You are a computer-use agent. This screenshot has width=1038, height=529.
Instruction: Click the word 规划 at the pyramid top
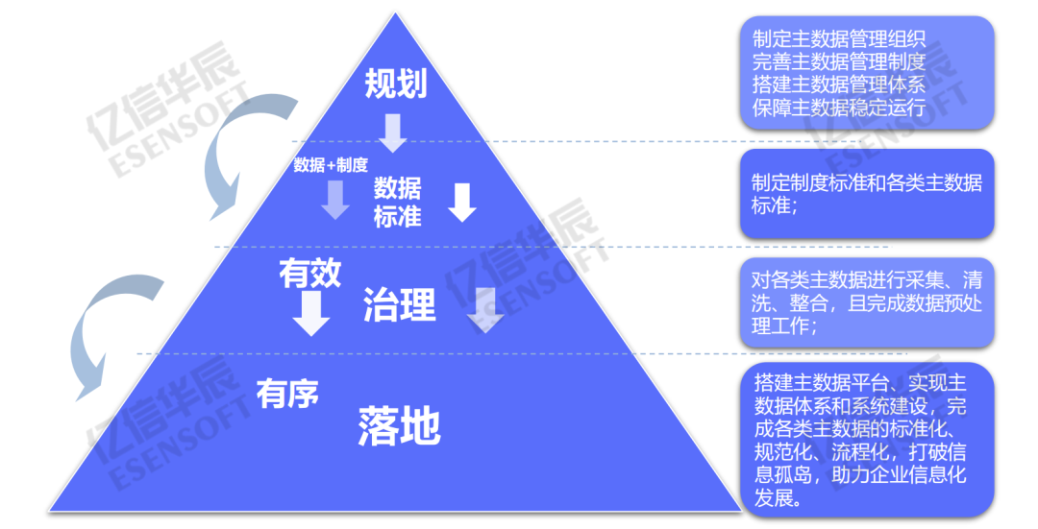pyautogui.click(x=395, y=84)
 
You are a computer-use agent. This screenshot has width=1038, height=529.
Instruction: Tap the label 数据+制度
pyautogui.click(x=331, y=165)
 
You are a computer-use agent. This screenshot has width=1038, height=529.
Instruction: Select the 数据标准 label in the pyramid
pyautogui.click(x=397, y=202)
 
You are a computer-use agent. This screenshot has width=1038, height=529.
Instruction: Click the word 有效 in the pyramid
pyautogui.click(x=309, y=275)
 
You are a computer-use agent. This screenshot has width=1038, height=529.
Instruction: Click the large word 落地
pyautogui.click(x=399, y=425)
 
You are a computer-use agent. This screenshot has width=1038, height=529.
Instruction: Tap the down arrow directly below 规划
pyautogui.click(x=393, y=132)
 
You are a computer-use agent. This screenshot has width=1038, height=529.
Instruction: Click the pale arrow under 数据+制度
pyautogui.click(x=335, y=199)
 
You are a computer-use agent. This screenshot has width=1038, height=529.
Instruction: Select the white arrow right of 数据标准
pyautogui.click(x=462, y=202)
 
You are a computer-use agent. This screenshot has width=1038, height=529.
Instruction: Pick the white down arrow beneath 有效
pyautogui.click(x=310, y=313)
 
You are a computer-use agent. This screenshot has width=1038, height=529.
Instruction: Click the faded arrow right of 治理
pyautogui.click(x=485, y=309)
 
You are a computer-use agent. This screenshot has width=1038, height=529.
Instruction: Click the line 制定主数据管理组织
pyautogui.click(x=839, y=38)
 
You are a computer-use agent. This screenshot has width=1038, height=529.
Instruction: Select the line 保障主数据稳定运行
pyautogui.click(x=839, y=107)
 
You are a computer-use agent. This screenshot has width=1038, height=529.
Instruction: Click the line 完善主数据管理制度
pyautogui.click(x=839, y=61)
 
